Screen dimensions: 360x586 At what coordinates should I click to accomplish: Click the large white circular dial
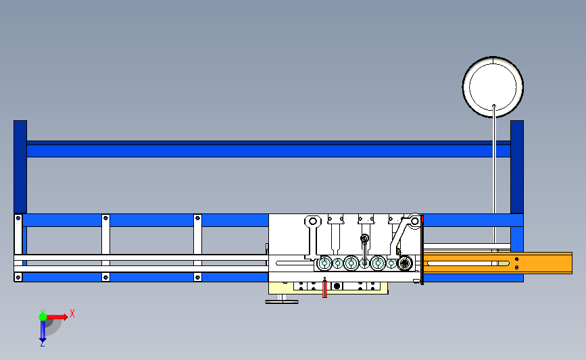[x=493, y=87]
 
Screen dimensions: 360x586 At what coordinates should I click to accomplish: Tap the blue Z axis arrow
[x=42, y=331]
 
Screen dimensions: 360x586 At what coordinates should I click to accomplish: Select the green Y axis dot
[x=42, y=315]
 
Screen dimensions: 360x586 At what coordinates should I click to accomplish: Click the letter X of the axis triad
[x=72, y=313]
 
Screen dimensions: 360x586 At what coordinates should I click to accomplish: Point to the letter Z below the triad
[x=42, y=344]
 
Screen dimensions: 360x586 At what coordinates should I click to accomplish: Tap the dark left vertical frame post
[x=20, y=165]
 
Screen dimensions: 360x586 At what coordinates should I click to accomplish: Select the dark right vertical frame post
[x=517, y=165]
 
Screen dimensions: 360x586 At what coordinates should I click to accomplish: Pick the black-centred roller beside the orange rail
[x=405, y=263]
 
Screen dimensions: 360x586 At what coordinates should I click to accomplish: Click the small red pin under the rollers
[x=325, y=288]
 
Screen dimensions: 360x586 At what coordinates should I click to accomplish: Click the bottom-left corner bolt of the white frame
[x=18, y=276]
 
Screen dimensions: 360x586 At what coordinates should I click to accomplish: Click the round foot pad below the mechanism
[x=283, y=301]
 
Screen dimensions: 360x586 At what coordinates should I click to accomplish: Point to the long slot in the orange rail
[x=466, y=262]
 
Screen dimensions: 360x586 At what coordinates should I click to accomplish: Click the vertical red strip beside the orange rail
[x=422, y=250]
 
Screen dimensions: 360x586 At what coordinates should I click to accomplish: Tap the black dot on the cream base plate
[x=338, y=286]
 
